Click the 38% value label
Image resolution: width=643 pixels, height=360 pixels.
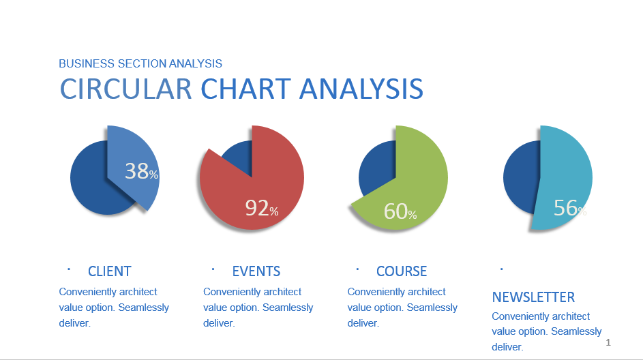click(x=141, y=171)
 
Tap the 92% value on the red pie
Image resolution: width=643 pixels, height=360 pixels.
click(x=262, y=208)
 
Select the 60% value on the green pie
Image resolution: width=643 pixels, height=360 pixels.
click(x=400, y=211)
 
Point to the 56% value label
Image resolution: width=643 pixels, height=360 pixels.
click(x=570, y=208)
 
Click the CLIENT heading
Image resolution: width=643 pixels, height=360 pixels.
click(x=110, y=271)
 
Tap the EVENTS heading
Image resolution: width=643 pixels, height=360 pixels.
click(x=256, y=271)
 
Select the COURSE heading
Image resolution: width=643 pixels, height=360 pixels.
click(x=402, y=271)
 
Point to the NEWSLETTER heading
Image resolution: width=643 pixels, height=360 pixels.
click(x=533, y=297)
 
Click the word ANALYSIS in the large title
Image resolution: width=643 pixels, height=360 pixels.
click(x=361, y=89)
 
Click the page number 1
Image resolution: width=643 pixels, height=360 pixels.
click(x=608, y=342)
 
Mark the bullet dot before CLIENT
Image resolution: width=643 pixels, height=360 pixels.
click(x=69, y=269)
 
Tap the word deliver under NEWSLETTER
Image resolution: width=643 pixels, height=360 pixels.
click(x=507, y=347)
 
